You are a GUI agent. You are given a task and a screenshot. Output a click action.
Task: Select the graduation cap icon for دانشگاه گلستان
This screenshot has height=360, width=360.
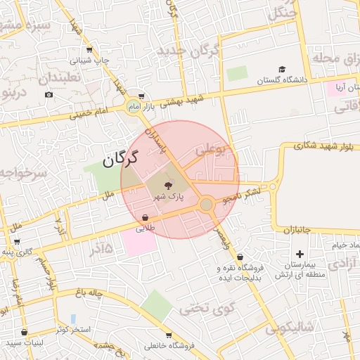[282, 70]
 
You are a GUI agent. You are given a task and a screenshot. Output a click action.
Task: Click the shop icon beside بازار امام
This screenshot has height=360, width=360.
[141, 96]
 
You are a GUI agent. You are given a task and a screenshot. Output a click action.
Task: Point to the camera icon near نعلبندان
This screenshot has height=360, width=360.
[49, 94]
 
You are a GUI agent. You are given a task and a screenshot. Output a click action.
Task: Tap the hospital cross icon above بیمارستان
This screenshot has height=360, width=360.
[300, 253]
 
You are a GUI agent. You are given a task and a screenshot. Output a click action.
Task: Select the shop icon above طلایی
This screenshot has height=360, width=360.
[145, 218]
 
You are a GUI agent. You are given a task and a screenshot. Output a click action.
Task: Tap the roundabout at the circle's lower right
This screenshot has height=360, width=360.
[206, 205]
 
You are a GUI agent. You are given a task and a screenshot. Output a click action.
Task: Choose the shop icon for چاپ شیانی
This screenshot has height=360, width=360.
[89, 50]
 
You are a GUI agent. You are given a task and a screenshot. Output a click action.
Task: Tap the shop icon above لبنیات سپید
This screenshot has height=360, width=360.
[25, 332]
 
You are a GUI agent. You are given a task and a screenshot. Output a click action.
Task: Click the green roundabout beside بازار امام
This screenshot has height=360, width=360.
[133, 106]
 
